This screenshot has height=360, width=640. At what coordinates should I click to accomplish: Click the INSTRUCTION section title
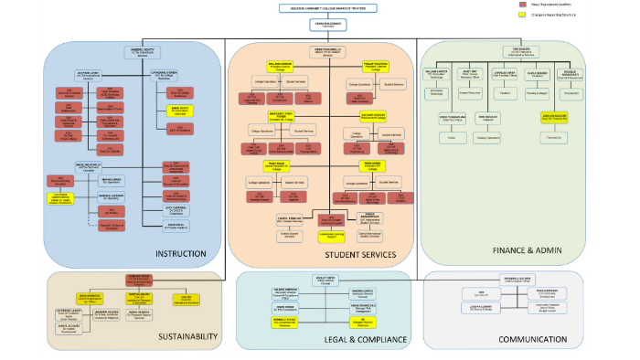pyautogui.click(x=187, y=254)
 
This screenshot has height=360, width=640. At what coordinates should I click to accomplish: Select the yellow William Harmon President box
pyautogui.click(x=280, y=66)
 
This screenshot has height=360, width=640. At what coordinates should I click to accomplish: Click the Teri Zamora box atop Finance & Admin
pyautogui.click(x=522, y=52)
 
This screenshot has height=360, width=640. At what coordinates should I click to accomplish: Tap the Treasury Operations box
pyautogui.click(x=490, y=138)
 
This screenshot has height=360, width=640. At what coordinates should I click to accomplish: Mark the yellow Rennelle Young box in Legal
pyautogui.click(x=282, y=322)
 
